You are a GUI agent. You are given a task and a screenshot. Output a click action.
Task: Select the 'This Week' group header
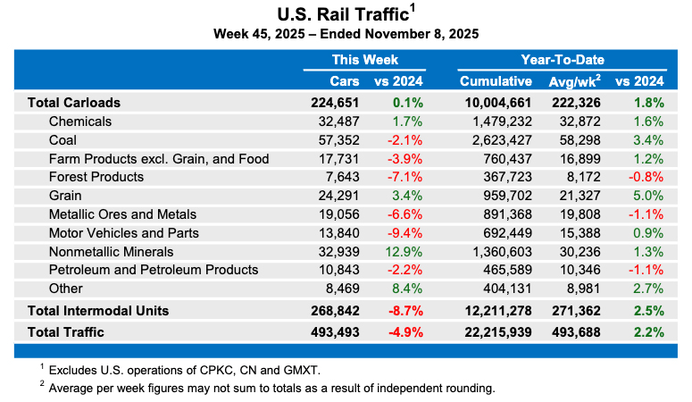(x=364, y=60)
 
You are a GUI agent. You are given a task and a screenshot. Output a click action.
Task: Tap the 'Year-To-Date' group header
(x=563, y=60)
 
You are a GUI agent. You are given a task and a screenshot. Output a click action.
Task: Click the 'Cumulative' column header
(x=496, y=82)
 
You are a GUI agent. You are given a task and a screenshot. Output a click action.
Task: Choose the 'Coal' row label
(x=63, y=140)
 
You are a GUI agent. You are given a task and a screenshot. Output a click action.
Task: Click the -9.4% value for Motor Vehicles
(x=405, y=232)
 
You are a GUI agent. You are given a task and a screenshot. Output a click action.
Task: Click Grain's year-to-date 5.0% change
(x=647, y=196)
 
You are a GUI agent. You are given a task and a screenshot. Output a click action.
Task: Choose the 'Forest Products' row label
(x=96, y=177)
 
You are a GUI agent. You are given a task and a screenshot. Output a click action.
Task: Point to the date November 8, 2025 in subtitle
(x=421, y=34)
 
